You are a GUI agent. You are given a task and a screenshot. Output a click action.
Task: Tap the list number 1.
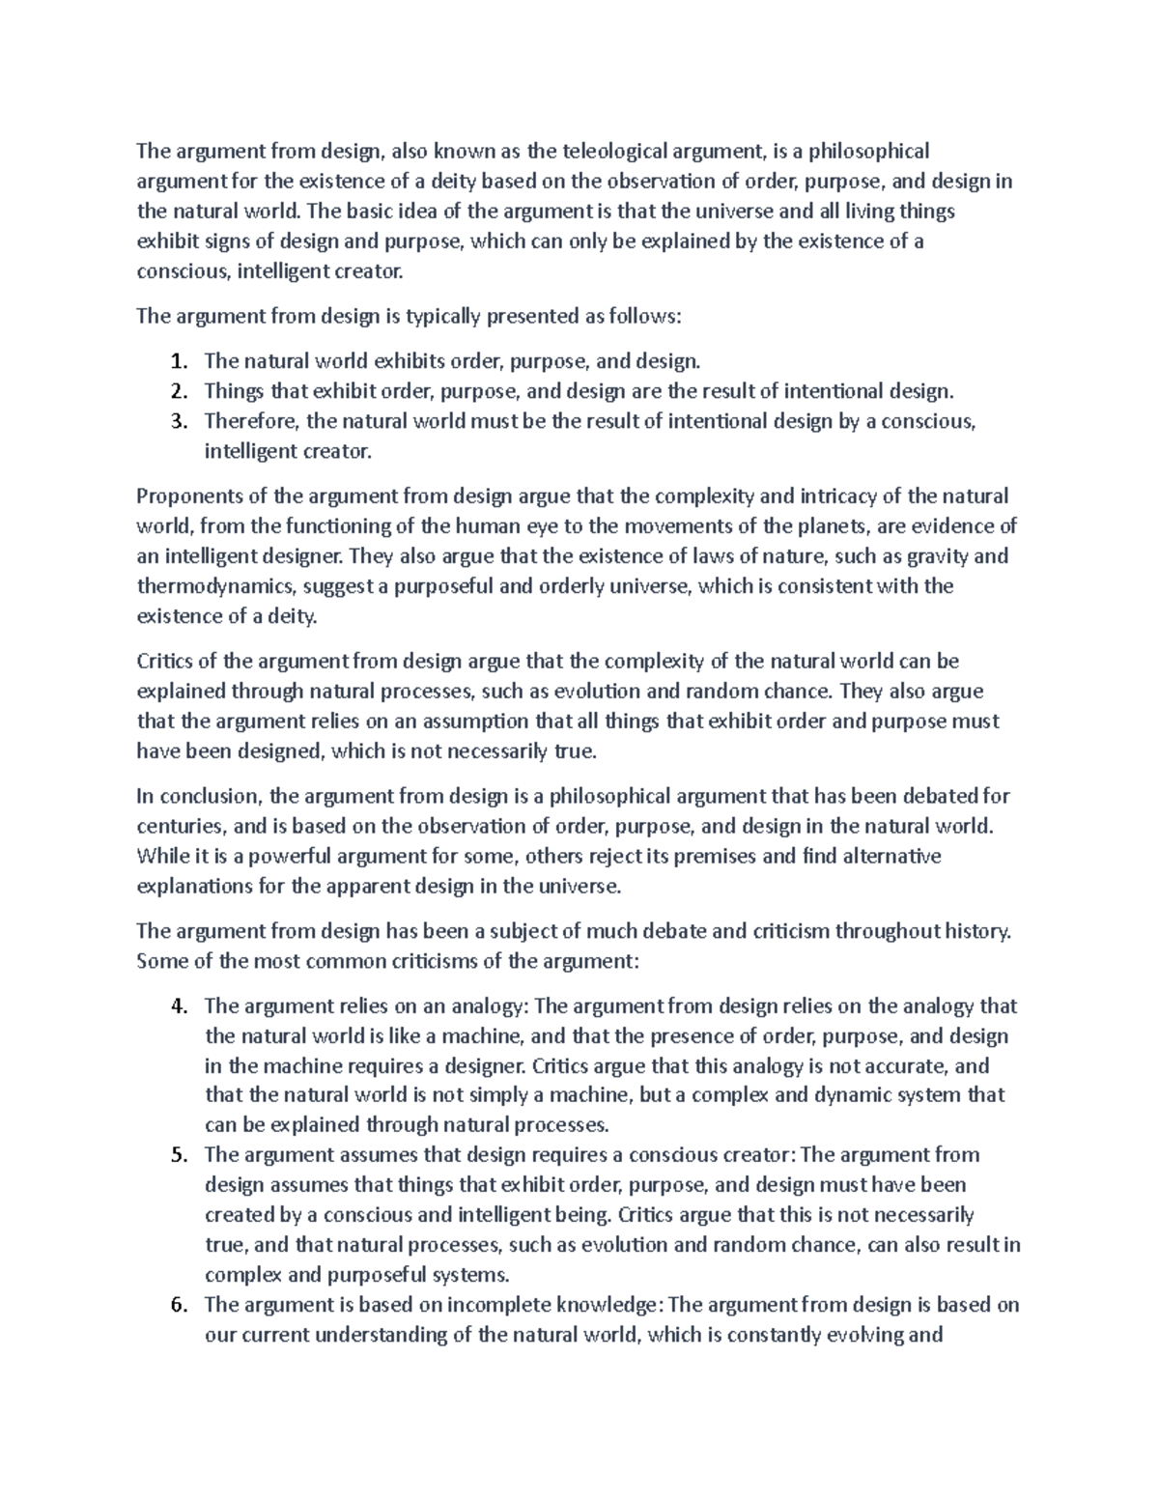(177, 362)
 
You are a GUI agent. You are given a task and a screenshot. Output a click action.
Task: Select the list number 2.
(177, 392)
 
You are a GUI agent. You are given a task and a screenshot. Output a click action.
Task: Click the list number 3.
(177, 422)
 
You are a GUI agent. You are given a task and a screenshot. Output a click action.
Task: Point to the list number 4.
(177, 1006)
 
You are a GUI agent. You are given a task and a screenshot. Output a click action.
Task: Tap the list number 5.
(177, 1155)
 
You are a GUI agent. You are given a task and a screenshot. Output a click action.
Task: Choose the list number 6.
(177, 1305)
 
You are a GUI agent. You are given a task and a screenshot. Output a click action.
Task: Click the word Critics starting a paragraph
(163, 663)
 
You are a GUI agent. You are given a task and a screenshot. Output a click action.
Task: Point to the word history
(978, 932)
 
